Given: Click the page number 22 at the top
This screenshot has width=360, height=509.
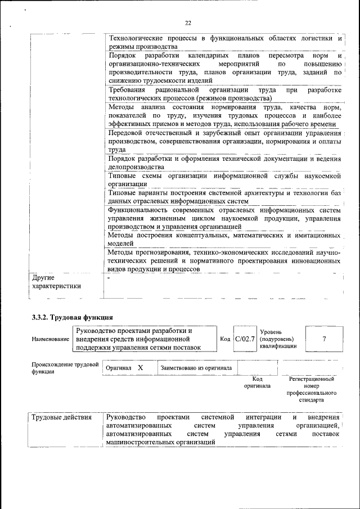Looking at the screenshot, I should pyautogui.click(x=188, y=22).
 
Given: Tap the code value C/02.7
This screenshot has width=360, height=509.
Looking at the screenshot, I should pyautogui.click(x=245, y=339).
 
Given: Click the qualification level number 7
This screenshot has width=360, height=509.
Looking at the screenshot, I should pyautogui.click(x=324, y=339).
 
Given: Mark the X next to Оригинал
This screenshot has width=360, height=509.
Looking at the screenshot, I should pyautogui.click(x=141, y=368).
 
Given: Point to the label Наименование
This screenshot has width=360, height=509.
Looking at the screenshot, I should pyautogui.click(x=51, y=340).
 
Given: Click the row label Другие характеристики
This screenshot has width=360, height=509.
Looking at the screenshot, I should pyautogui.click(x=56, y=282).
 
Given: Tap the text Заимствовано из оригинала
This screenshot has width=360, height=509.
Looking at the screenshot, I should pyautogui.click(x=196, y=368).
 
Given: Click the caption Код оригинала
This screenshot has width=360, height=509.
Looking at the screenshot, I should pyautogui.click(x=257, y=383).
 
